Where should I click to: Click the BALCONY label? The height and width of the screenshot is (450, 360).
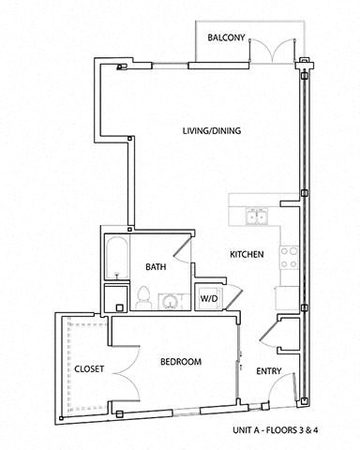tap(226, 38)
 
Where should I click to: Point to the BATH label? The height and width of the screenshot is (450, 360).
tap(156, 267)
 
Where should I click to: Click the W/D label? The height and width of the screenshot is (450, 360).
tap(207, 300)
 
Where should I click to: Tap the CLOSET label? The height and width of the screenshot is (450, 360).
tap(89, 368)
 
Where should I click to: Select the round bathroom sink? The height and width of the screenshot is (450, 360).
tap(171, 300)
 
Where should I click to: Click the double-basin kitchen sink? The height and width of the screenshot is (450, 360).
tap(254, 217)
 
